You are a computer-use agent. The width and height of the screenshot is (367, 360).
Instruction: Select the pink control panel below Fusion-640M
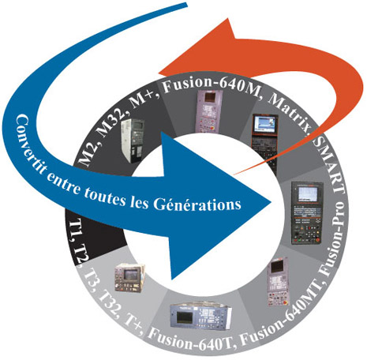point(209,111)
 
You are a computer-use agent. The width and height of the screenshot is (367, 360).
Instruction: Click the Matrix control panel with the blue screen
point(264,144)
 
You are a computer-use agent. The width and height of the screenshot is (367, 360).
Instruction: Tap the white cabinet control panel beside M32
point(133,140)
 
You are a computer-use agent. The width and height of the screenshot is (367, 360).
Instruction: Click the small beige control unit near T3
point(129,277)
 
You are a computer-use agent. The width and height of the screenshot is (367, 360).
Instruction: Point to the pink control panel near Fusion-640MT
point(277,282)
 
